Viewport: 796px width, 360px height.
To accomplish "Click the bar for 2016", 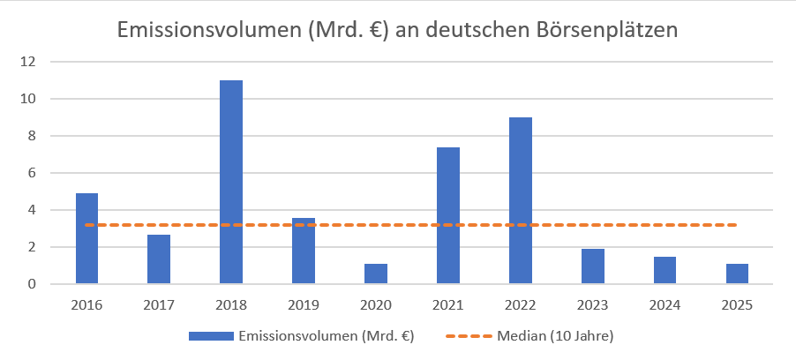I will (86, 238).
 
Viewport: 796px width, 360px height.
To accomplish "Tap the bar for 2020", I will (376, 274).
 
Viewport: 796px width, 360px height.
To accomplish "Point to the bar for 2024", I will (665, 270).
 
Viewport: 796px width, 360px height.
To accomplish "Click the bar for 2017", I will (159, 259).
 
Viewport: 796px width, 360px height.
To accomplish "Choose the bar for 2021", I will (448, 215).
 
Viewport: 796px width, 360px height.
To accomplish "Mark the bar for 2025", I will (738, 274).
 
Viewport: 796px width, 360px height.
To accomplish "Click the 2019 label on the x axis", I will (304, 305).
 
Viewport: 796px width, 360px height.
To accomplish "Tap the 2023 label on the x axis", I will (593, 305).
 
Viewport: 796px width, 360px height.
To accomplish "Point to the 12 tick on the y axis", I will (29, 62).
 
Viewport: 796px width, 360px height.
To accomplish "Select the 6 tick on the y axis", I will (31, 173).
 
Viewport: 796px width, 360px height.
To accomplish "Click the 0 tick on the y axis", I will (31, 284).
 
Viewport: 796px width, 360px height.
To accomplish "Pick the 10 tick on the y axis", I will (29, 99).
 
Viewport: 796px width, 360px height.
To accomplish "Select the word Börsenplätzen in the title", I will (605, 29).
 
